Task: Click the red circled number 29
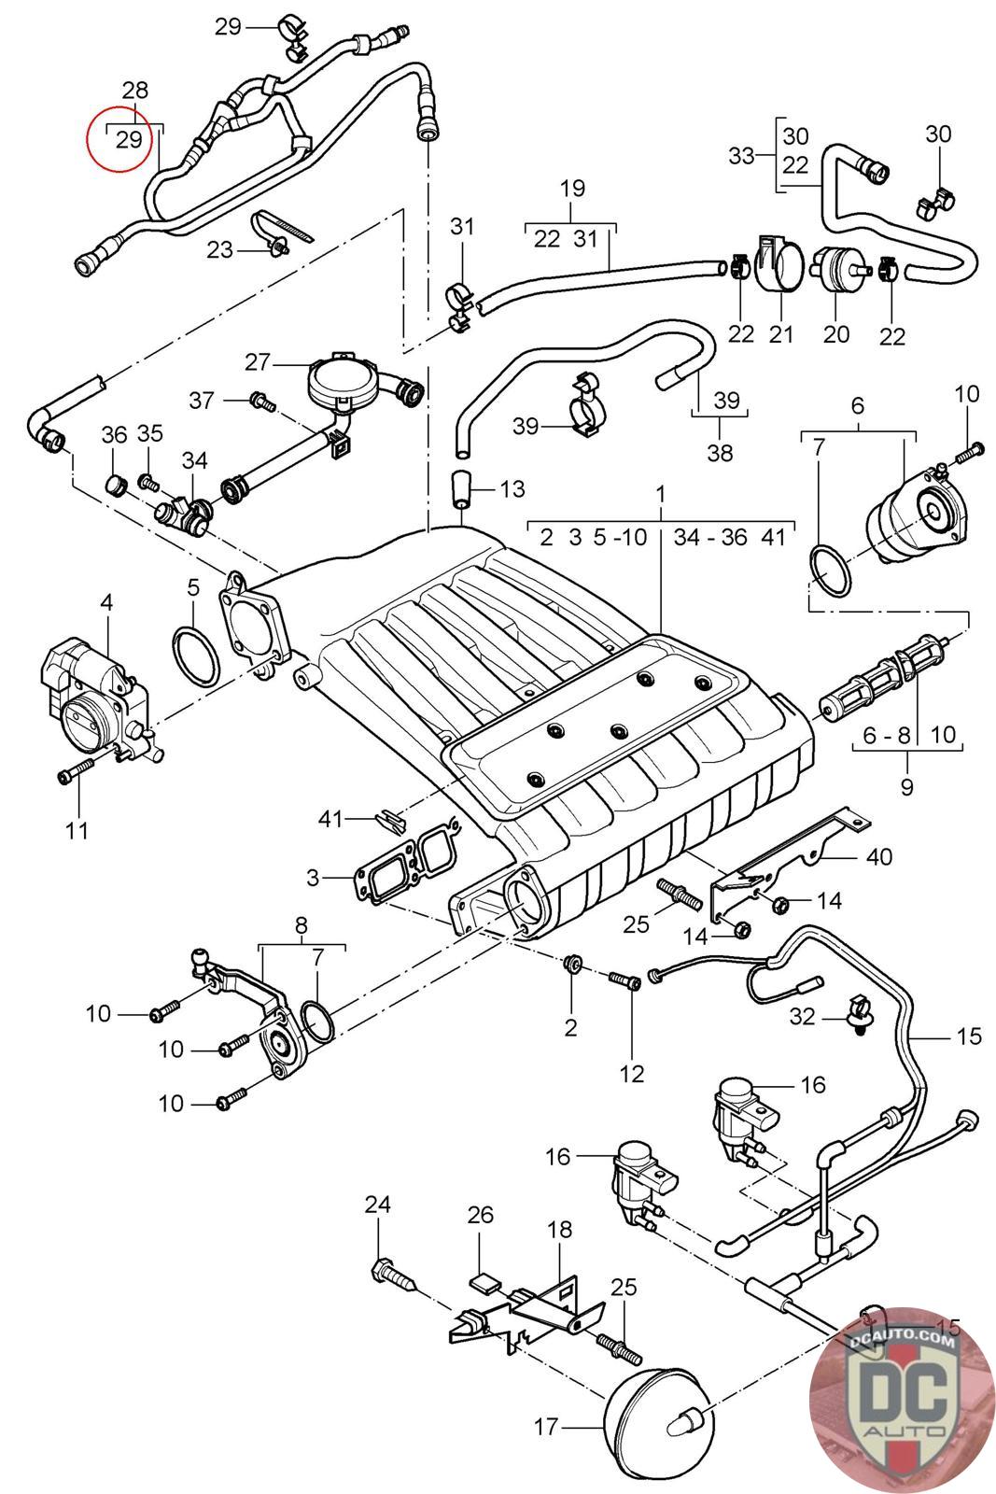[129, 140]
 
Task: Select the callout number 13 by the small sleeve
[512, 488]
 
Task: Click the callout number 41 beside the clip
[331, 819]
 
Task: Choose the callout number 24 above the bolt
[377, 1205]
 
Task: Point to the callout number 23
[219, 249]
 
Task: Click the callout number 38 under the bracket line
[720, 454]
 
